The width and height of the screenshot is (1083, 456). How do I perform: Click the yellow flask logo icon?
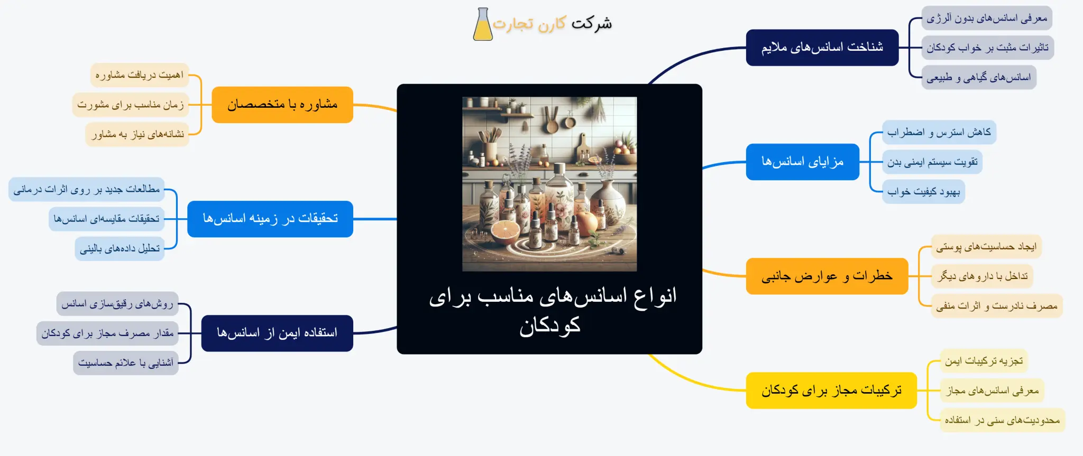[x=482, y=25]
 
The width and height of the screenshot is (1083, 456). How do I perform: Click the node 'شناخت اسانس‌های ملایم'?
[x=822, y=48]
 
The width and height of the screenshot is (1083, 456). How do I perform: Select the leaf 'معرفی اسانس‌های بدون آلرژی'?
[x=986, y=18]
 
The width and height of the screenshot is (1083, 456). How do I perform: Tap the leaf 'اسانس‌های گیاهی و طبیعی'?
[x=978, y=78]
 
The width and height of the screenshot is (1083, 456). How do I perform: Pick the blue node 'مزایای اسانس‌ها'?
[x=802, y=162]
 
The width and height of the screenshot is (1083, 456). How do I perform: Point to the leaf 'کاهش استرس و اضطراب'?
[x=939, y=132]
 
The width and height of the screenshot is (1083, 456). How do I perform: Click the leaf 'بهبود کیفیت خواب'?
[x=923, y=192]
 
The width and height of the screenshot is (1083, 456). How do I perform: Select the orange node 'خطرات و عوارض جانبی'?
[x=827, y=276]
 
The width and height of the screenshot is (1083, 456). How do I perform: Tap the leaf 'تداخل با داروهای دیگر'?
[x=982, y=276]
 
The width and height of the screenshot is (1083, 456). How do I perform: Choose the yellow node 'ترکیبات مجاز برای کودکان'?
[x=831, y=390]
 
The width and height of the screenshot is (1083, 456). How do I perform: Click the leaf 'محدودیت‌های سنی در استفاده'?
[x=1002, y=421]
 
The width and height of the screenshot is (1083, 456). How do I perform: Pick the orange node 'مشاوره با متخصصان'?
[x=282, y=105]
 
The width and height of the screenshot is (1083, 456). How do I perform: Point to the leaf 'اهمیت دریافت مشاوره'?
[x=140, y=75]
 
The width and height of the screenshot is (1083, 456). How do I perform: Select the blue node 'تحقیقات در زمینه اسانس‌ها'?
[x=270, y=219]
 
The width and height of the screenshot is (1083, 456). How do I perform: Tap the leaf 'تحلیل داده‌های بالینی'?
[x=120, y=249]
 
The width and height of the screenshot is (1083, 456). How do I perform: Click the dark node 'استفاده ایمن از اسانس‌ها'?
[x=277, y=333]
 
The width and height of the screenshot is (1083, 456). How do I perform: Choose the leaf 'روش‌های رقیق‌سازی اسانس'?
[x=117, y=304]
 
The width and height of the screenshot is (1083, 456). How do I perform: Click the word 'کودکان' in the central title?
[x=549, y=325]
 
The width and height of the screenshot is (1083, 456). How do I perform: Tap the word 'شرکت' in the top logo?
[x=592, y=23]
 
